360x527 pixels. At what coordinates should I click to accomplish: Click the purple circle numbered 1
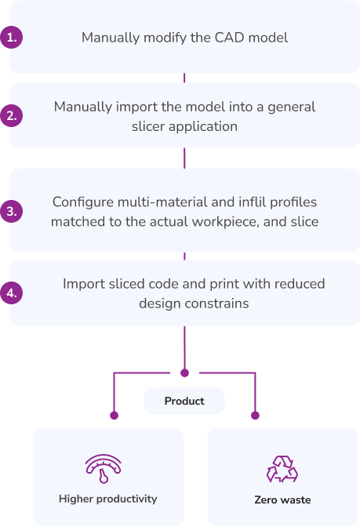click(12, 37)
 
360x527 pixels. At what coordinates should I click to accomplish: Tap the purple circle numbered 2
click(12, 115)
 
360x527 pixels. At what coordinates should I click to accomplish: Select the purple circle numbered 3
click(12, 211)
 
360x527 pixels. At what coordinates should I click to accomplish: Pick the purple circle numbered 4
click(12, 293)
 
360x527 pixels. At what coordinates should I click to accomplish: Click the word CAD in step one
click(229, 38)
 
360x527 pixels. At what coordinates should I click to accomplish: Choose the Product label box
click(184, 401)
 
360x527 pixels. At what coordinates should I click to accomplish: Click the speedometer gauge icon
click(104, 468)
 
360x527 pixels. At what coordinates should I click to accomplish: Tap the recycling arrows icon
click(282, 469)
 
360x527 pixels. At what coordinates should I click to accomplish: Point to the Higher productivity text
click(108, 499)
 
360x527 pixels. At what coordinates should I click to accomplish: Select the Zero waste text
click(282, 500)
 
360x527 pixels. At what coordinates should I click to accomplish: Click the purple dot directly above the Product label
click(184, 373)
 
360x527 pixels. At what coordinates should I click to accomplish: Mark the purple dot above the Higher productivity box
click(114, 416)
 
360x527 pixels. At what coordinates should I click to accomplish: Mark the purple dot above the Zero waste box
click(255, 416)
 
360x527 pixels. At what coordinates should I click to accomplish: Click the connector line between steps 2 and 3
click(184, 158)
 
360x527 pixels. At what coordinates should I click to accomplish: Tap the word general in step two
click(292, 107)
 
